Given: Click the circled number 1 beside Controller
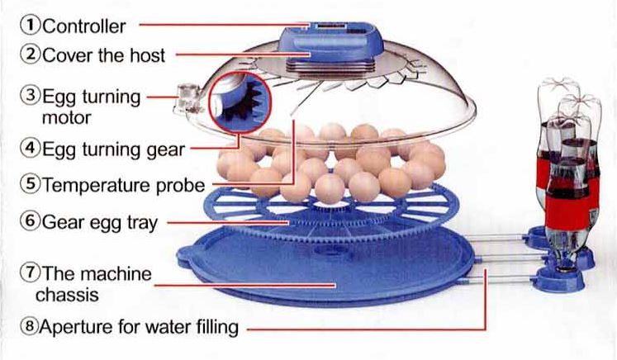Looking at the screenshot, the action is pos(30,25).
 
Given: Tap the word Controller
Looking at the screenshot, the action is pos(83,26).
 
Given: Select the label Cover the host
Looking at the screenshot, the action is pos(103,55).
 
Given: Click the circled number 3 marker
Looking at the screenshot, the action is pos(31,96).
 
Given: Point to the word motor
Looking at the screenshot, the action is pos(67,117).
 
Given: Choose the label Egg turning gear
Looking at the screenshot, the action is pos(113,150).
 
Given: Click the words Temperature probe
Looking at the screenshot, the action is pos(124,185).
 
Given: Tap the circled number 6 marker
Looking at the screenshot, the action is pos(31,220).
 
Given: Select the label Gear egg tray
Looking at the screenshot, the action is pos(100,223).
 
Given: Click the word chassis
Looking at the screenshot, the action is pos(67,295).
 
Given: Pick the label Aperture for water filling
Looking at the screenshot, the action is pos(139,327).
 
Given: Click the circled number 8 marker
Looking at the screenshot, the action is pos(30,326).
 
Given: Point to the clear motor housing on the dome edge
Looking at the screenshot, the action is pos(187,97).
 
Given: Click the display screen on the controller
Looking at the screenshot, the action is pos(329,26).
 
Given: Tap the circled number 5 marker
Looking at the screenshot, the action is pos(31,184).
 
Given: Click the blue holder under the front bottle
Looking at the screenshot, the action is pos(558,278).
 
